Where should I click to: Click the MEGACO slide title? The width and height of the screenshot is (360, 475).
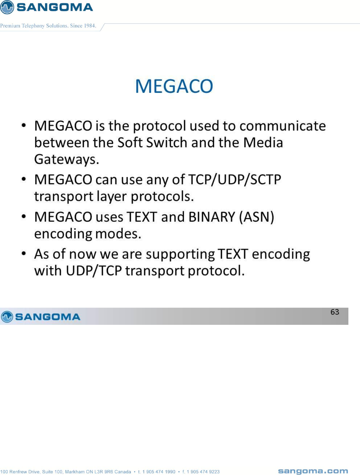point(174,86)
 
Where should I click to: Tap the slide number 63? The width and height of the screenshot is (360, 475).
point(335,312)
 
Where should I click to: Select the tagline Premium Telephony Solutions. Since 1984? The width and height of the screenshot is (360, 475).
point(48,26)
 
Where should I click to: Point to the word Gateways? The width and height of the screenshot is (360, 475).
point(67,159)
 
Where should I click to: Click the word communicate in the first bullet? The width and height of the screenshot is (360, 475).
point(283,126)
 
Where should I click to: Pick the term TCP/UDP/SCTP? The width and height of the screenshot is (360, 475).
point(235,179)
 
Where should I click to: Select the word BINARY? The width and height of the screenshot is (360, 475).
point(212,217)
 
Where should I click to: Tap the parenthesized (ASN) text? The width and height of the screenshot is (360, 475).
point(257,217)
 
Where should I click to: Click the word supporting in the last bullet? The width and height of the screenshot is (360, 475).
point(180,255)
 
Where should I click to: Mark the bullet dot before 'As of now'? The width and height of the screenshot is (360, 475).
point(24,253)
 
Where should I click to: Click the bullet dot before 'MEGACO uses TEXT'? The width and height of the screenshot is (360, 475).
point(24,216)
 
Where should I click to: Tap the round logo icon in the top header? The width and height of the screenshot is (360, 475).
point(7,7)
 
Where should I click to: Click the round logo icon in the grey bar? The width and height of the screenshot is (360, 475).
point(7,317)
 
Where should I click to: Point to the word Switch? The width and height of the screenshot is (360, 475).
point(167,142)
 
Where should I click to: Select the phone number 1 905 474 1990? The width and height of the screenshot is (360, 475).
point(159,472)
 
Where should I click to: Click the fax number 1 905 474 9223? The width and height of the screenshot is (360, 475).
point(203,472)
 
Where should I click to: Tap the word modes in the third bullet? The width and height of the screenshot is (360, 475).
point(118,234)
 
